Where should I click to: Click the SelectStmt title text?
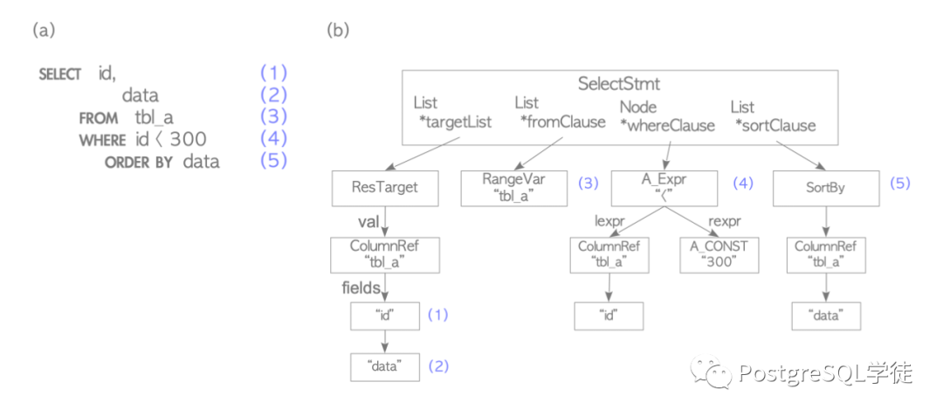point(619,83)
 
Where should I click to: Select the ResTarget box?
point(385,188)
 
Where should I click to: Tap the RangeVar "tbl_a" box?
point(514,187)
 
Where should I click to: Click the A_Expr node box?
point(664,188)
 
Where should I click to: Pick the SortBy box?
point(825,188)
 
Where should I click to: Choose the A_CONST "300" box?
point(719,254)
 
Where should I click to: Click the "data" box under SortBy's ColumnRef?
point(825,316)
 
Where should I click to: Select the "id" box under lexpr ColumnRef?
point(609,316)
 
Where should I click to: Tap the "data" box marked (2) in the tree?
point(385,366)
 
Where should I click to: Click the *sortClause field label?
point(776,126)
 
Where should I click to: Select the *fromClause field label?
point(563,122)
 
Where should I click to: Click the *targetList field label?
point(455,122)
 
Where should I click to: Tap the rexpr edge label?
point(723,221)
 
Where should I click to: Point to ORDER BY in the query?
point(138,163)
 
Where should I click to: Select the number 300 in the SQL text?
point(188,140)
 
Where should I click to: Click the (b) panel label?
point(337,30)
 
